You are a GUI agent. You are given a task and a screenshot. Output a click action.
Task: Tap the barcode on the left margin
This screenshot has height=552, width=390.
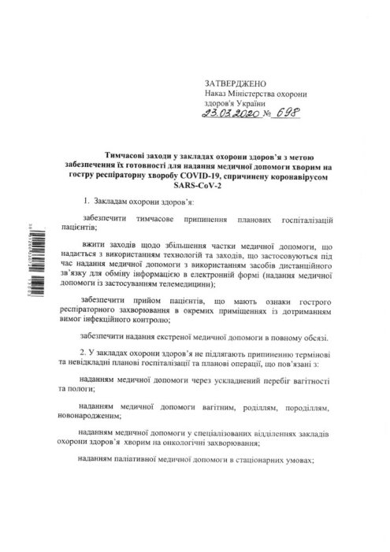point(28,269)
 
